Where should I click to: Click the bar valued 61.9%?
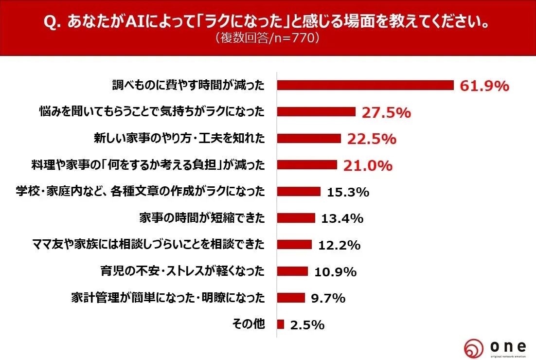pyautogui.click(x=365, y=86)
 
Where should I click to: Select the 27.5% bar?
pyautogui.click(x=316, y=112)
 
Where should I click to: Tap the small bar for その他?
pyautogui.click(x=281, y=324)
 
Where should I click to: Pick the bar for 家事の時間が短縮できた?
pyautogui.click(x=296, y=218)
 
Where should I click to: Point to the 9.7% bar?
pyautogui.click(x=291, y=298)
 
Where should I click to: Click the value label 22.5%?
pyautogui.click(x=372, y=139)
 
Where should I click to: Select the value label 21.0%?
pyautogui.click(x=368, y=166)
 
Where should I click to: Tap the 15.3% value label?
pyautogui.click(x=348, y=192)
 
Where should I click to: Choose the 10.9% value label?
pyautogui.click(x=336, y=271)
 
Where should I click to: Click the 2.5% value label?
pyautogui.click(x=307, y=324)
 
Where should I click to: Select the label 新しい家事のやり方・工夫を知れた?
pyautogui.click(x=179, y=139)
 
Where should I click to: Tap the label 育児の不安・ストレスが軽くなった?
pyautogui.click(x=183, y=271)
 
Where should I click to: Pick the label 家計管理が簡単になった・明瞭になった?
pyautogui.click(x=168, y=297)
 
